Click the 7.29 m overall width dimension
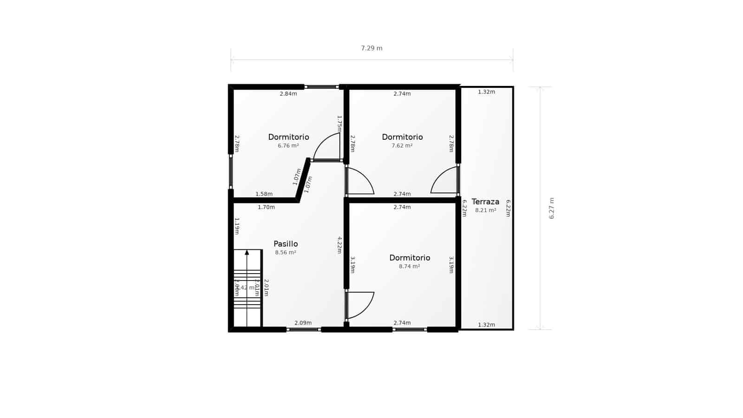(371, 48)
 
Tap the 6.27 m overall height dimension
(552, 208)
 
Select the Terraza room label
(485, 202)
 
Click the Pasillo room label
(286, 244)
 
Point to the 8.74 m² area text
(409, 267)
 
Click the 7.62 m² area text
(402, 145)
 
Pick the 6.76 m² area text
(288, 145)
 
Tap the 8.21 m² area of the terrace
(485, 210)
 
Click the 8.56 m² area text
(286, 253)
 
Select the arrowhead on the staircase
(247, 253)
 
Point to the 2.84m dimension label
(288, 94)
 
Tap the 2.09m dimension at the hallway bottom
(303, 323)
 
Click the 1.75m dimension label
(339, 124)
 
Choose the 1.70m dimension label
(266, 207)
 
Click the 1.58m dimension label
(264, 194)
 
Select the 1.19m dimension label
(237, 226)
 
